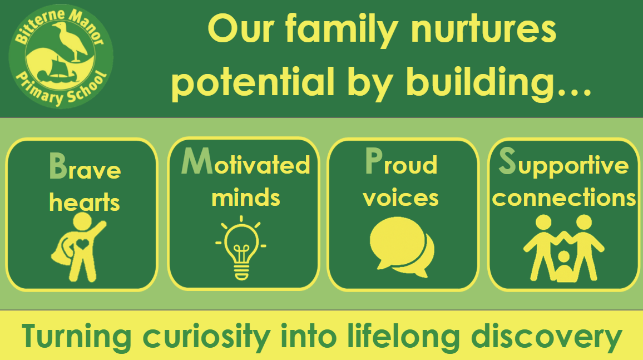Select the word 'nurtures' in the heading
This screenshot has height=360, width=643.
[483, 30]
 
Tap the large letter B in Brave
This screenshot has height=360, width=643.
[58, 166]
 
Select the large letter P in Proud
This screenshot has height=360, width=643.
[374, 161]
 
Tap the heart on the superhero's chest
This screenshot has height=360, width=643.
[82, 244]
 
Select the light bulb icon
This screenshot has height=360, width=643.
[241, 249]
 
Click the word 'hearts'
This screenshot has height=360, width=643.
[85, 203]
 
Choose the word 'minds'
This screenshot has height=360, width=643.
[246, 198]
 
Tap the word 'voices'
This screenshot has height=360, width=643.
[400, 198]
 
